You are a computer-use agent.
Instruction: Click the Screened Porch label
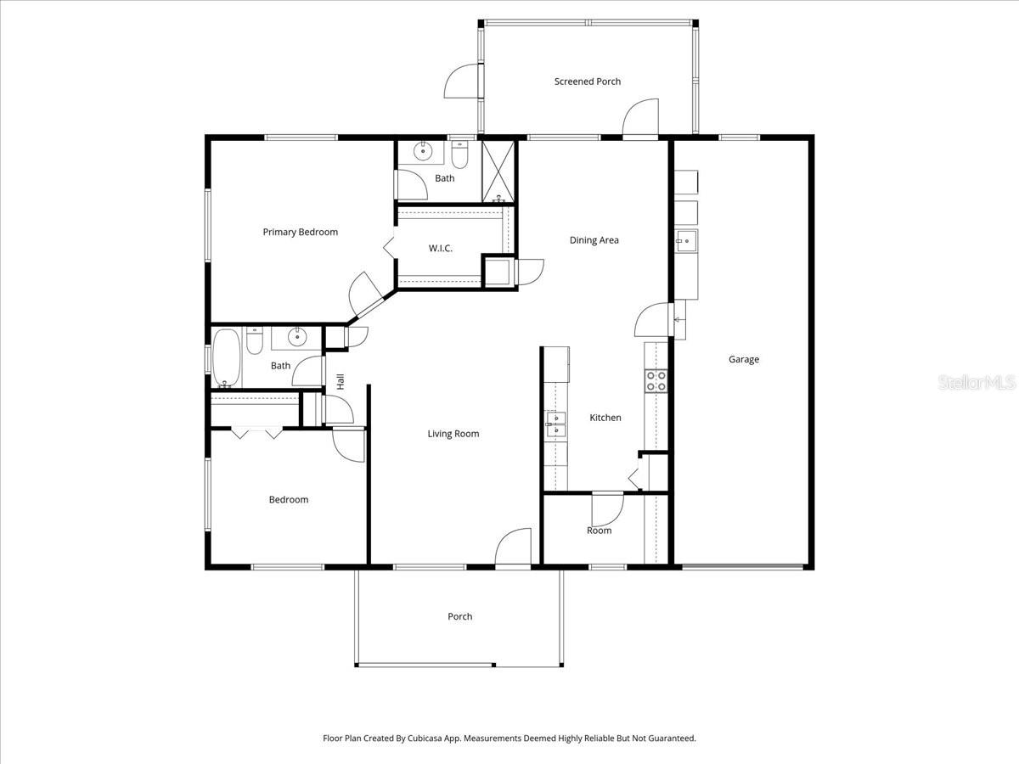pos(587,81)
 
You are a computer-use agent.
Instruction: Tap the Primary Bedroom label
pos(300,232)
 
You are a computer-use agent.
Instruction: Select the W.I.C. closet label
pos(440,248)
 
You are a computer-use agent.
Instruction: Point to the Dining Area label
pos(594,240)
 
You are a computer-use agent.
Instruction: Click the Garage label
pos(743,359)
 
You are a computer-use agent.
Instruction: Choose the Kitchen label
pos(605,418)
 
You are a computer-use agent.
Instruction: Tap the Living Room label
pos(453,434)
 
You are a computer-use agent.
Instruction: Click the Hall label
pos(341,382)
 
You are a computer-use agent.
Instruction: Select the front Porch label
pos(459,616)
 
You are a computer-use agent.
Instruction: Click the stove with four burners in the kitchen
pos(656,380)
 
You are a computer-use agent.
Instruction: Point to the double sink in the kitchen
pos(555,424)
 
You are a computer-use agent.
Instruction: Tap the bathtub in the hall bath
pos(227,357)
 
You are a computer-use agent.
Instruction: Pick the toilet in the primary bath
pos(459,154)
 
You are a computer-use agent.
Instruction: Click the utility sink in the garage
pos(685,241)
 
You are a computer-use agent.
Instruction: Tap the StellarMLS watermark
pos(976,383)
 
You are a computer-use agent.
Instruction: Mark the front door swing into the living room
pos(514,548)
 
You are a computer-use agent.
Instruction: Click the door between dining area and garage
pos(654,321)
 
